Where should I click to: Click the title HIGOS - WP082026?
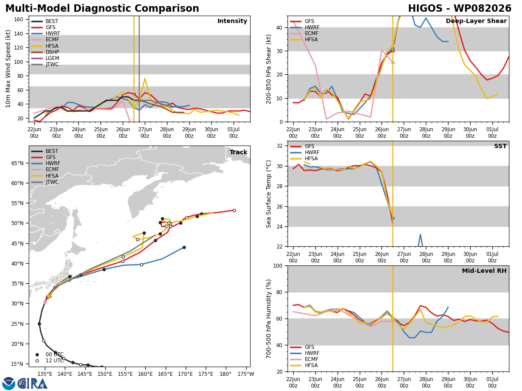click(459, 9)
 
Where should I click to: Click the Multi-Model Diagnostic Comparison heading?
click(102, 9)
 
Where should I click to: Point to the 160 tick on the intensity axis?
click(18, 20)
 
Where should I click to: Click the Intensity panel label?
click(232, 21)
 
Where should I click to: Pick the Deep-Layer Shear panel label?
click(476, 21)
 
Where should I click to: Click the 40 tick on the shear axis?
click(279, 27)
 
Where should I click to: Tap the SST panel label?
click(500, 146)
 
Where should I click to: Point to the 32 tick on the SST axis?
click(279, 146)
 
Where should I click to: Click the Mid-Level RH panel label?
click(484, 271)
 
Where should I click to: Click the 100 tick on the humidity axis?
click(278, 265)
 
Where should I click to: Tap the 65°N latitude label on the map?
click(17, 163)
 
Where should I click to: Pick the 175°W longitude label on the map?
click(246, 374)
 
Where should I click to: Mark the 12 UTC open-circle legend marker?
click(37, 361)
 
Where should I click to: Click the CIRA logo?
click(25, 384)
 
